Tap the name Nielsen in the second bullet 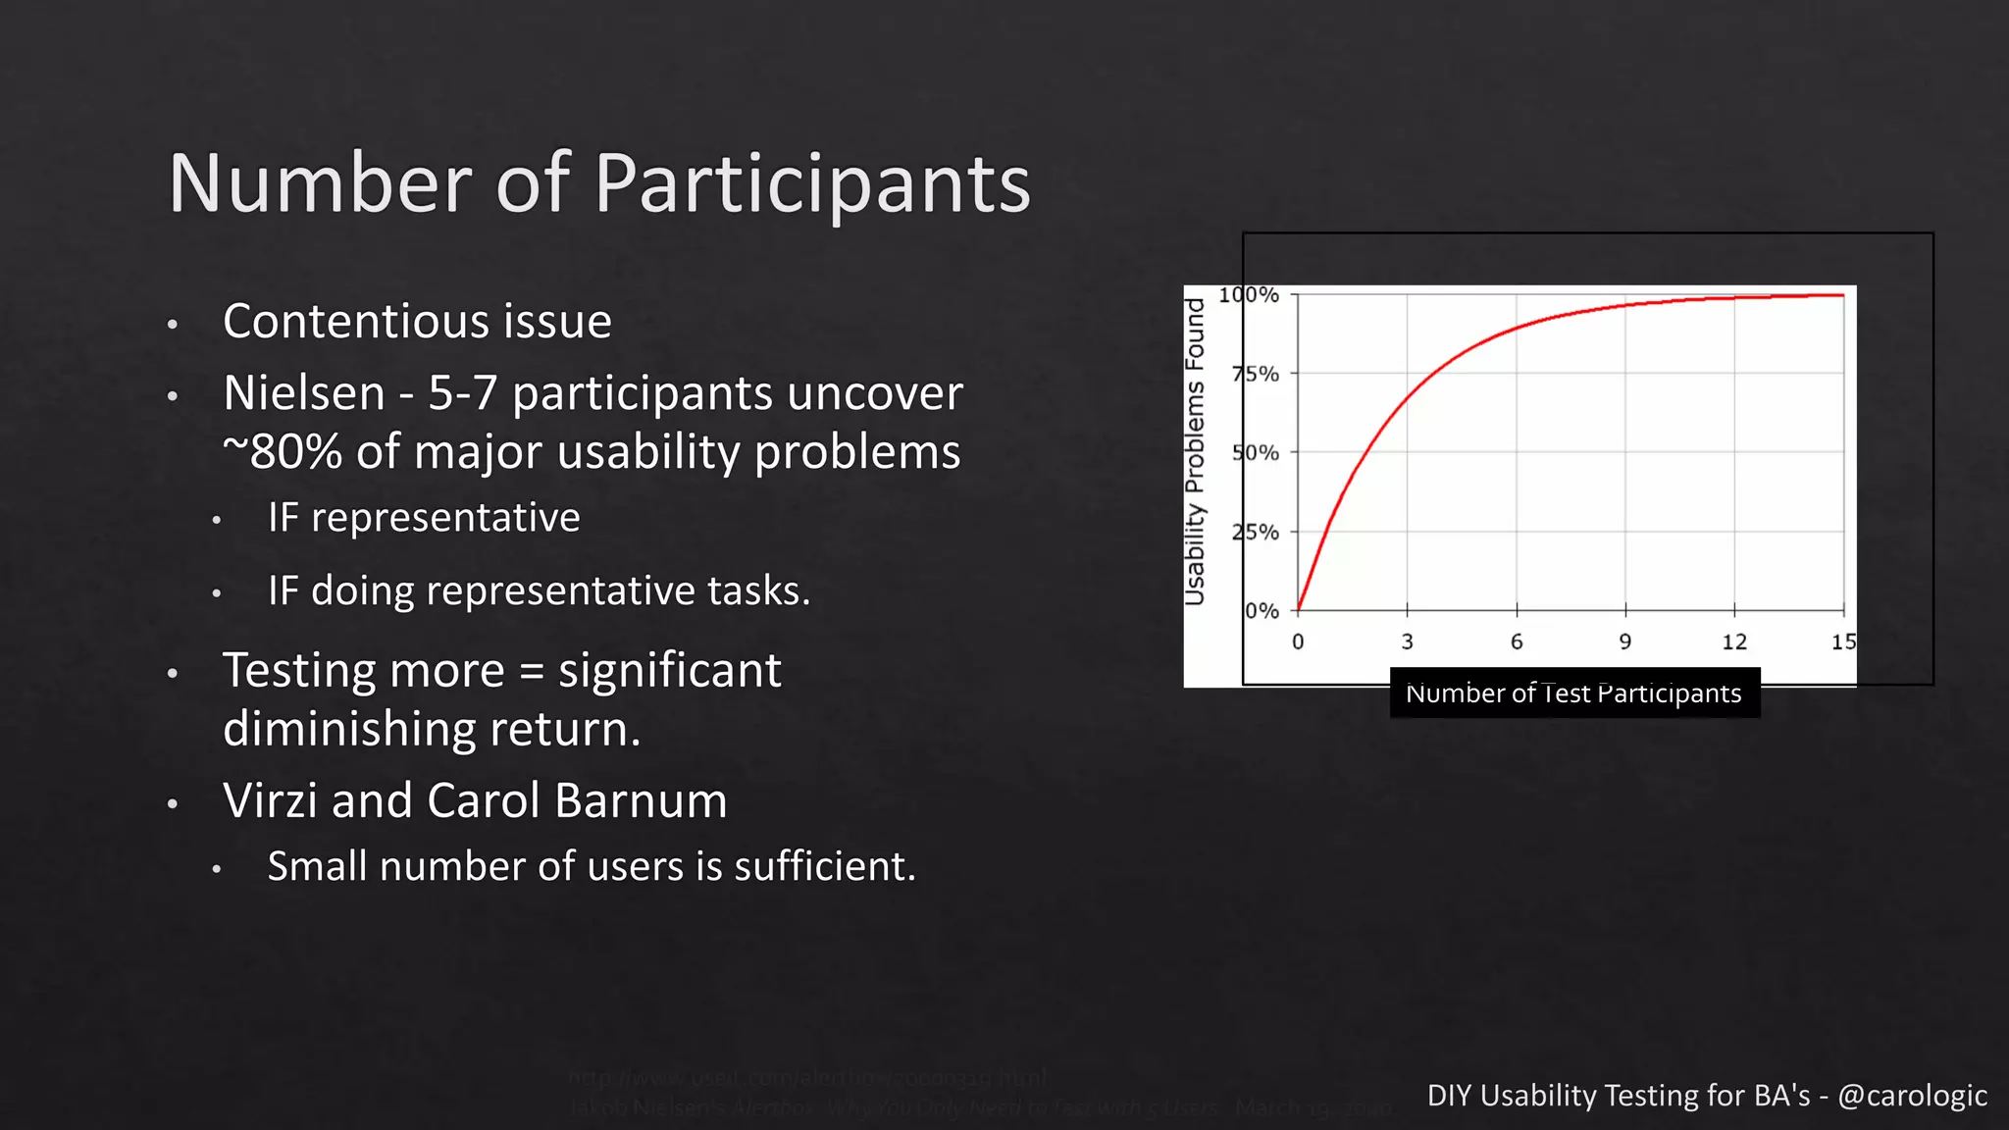point(304,393)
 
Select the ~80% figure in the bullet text point(283,452)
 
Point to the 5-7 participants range point(462,393)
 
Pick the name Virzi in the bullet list point(269,800)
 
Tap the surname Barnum point(641,800)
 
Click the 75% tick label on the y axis point(1256,374)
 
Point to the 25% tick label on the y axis point(1256,533)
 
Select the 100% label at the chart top point(1249,294)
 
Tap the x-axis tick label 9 point(1625,642)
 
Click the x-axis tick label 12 point(1734,642)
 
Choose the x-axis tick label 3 point(1407,642)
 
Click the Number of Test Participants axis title point(1573,693)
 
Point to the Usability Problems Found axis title point(1194,452)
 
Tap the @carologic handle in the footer point(1912,1096)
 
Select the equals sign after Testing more point(531,672)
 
